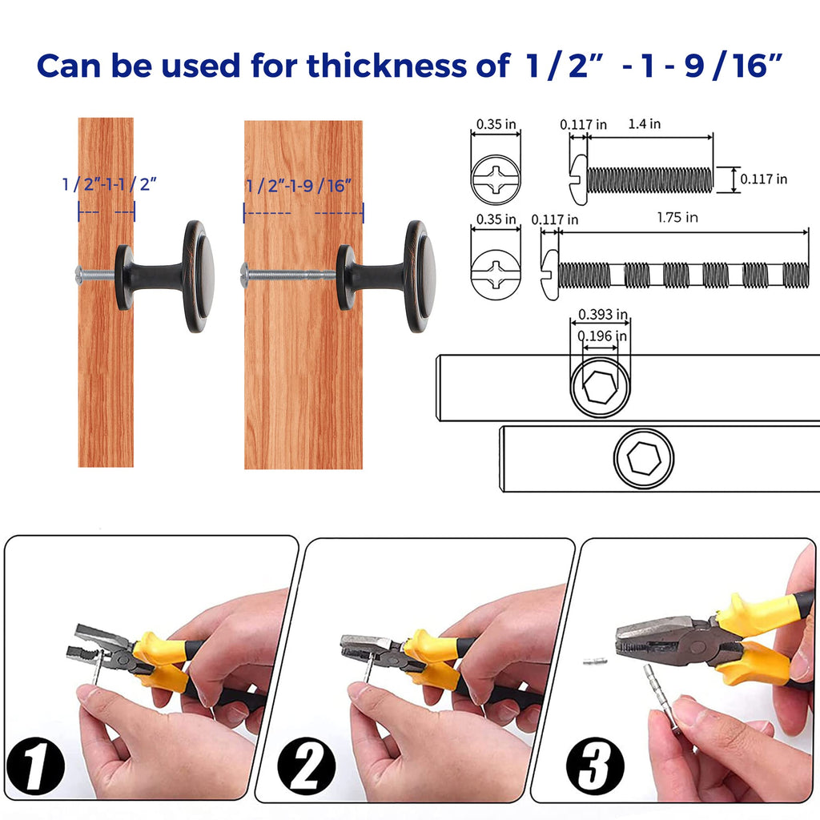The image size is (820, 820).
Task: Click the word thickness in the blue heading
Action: coord(387,66)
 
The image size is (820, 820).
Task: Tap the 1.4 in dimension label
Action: coord(645,124)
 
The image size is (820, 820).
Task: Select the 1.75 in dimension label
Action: coord(677,217)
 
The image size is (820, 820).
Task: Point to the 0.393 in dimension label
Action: coord(602,314)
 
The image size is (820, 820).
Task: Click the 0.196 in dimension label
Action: coord(602,336)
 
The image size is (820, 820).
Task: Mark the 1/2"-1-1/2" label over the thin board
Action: coord(109,184)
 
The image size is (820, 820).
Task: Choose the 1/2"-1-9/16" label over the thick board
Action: coord(299,186)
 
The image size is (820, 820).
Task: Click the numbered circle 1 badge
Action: coord(35,766)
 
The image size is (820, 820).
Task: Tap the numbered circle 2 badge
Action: coord(307,766)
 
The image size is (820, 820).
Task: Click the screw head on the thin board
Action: coord(80,274)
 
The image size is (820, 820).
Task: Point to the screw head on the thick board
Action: coord(244,274)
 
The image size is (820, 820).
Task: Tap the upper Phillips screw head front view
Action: coord(496,179)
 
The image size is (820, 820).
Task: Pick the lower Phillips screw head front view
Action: coord(496,275)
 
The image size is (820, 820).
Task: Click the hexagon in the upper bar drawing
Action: coord(599,388)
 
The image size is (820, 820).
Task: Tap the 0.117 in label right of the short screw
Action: coord(763,179)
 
